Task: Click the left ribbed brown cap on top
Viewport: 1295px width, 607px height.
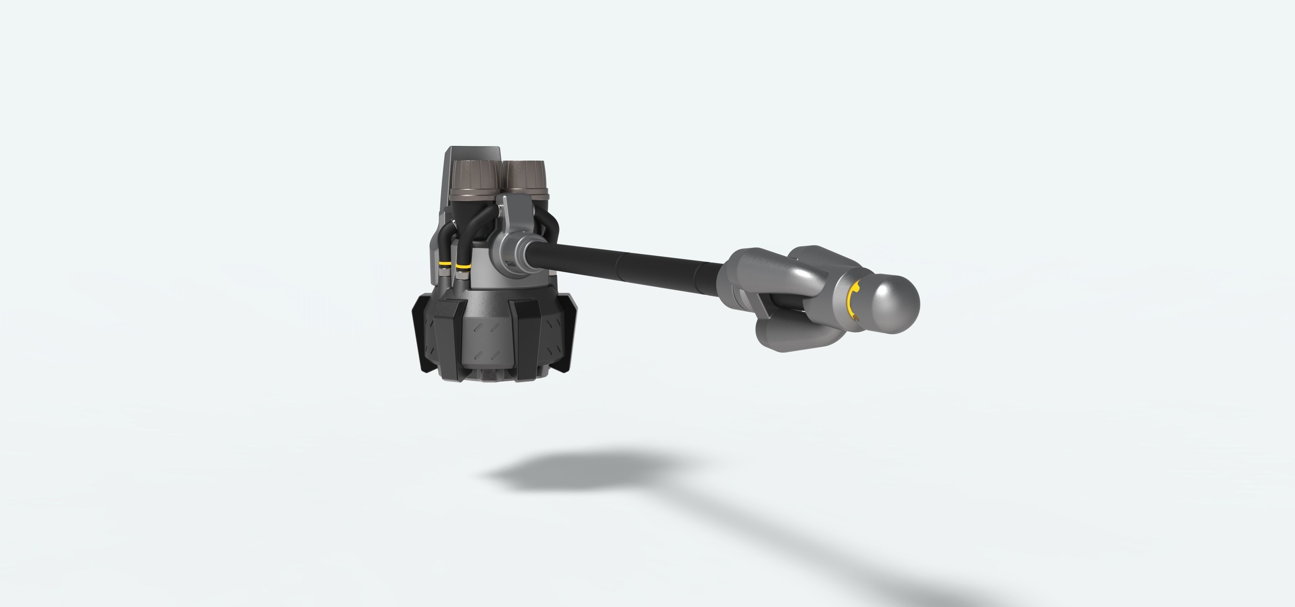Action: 474,176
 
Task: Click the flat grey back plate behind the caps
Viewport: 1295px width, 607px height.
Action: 473,153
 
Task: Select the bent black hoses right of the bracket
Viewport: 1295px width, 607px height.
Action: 550,221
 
